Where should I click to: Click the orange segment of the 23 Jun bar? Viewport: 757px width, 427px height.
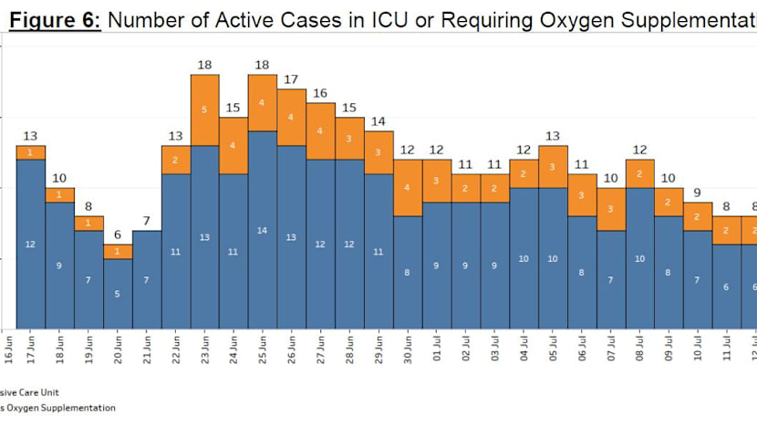205,109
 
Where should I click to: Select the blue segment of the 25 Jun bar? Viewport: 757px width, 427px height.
263,230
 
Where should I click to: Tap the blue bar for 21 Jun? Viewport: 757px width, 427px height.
147,279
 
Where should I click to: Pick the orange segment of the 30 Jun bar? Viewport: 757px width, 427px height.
408,188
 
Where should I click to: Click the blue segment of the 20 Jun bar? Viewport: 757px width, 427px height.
118,294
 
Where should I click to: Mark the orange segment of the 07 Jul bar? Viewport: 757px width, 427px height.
611,209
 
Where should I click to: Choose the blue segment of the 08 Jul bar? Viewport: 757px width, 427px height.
640,258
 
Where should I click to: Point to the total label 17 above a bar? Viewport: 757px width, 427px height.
292,80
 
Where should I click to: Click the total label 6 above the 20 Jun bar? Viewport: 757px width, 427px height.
118,234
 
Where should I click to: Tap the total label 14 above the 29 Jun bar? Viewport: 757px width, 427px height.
378,121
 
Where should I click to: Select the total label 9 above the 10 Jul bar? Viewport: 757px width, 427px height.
698,193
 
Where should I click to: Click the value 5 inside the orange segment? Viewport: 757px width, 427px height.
204,109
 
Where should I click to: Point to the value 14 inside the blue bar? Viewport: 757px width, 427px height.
263,230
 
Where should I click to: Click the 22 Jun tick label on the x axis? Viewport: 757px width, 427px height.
176,350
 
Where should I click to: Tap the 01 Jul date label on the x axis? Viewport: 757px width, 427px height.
437,350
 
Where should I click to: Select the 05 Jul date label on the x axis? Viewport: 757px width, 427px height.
553,350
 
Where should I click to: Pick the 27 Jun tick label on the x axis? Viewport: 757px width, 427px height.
321,350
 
